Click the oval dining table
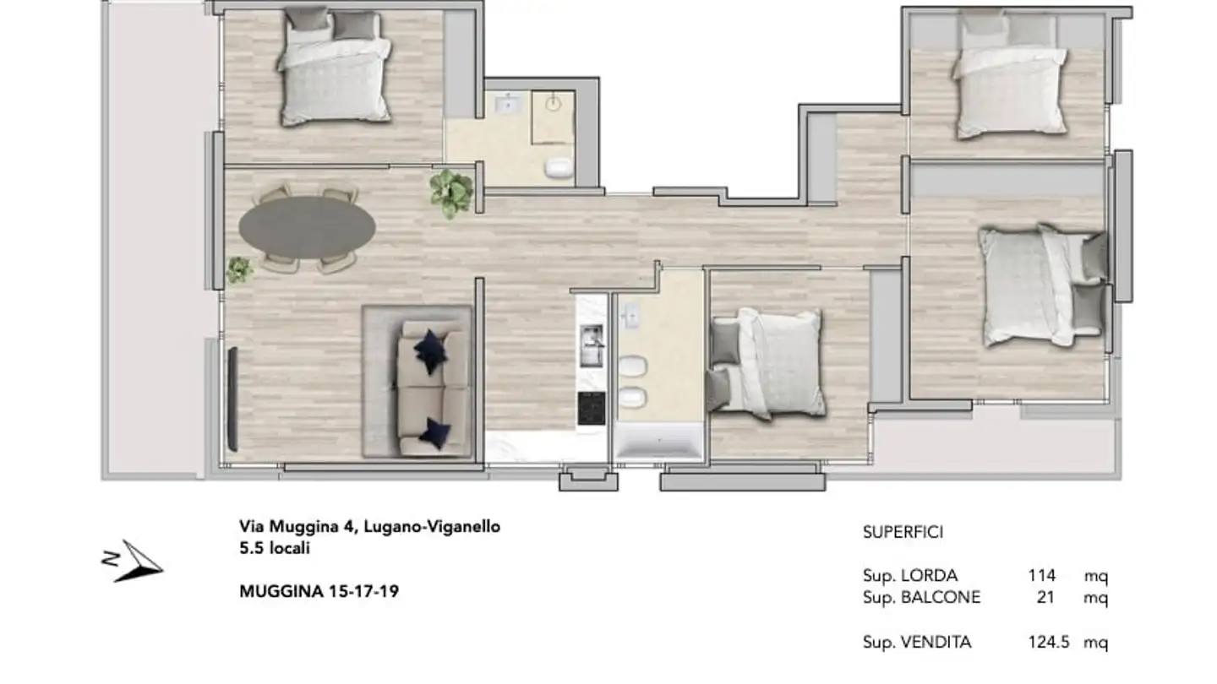pyautogui.click(x=307, y=227)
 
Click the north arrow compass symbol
pyautogui.click(x=135, y=562)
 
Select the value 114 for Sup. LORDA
pyautogui.click(x=1041, y=576)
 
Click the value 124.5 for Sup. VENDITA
pyautogui.click(x=1049, y=643)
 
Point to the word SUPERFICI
pyautogui.click(x=903, y=532)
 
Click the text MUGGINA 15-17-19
pyautogui.click(x=319, y=591)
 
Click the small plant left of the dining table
pyautogui.click(x=239, y=270)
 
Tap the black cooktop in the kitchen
pyautogui.click(x=591, y=409)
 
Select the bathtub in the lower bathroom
pyautogui.click(x=658, y=444)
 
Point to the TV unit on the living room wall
pyautogui.click(x=232, y=399)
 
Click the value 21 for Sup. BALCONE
pyautogui.click(x=1046, y=598)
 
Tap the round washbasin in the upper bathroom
pyautogui.click(x=554, y=104)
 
